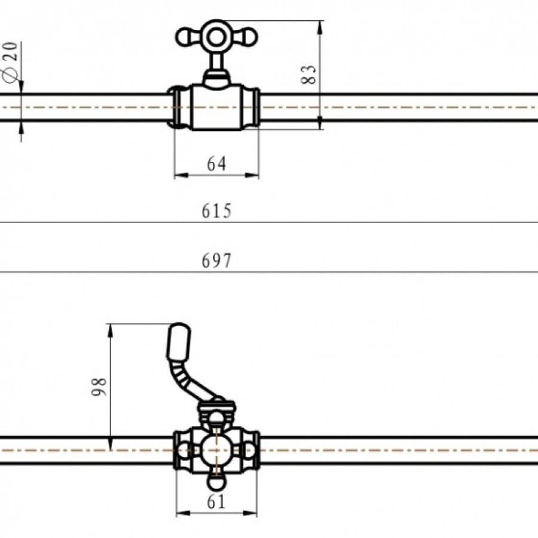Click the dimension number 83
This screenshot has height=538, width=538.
coord(308,75)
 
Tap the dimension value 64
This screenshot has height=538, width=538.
coord(216,164)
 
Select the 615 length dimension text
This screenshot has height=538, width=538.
coord(216,210)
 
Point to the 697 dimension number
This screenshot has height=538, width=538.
coord(216,261)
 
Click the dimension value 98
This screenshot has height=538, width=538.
coord(99,387)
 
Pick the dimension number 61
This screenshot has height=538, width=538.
coord(216,502)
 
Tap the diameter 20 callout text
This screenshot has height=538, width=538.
coord(10,62)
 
